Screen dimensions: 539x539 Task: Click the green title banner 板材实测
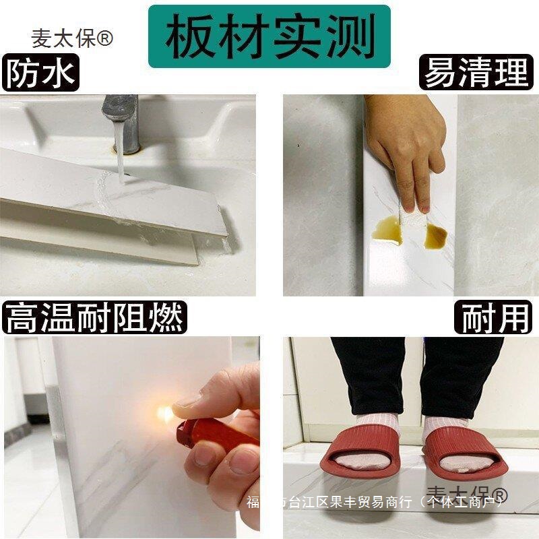pos(269,36)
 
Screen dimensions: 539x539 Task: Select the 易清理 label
pos(476,73)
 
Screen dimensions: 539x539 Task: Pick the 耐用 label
pos(495,317)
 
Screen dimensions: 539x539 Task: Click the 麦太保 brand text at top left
pos(64,38)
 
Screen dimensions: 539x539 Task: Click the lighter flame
pos(163,410)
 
